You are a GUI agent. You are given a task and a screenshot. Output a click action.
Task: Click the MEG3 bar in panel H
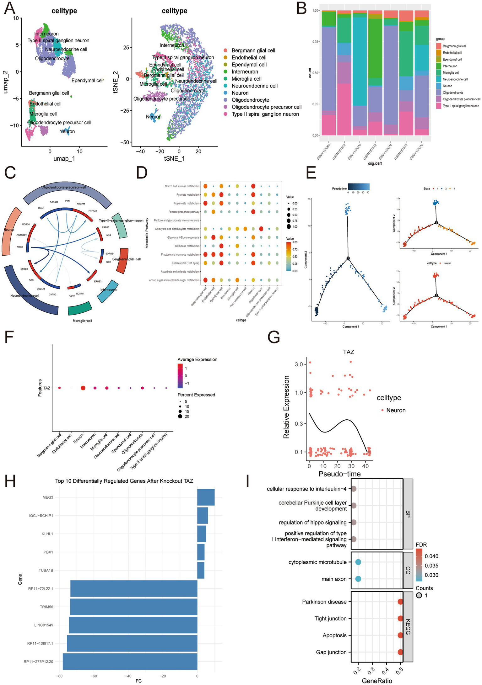206,497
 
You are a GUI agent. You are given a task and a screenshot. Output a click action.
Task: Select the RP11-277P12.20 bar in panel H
130,661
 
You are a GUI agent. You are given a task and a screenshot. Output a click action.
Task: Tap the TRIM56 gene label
46,607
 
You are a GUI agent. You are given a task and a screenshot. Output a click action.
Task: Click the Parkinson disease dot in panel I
400,602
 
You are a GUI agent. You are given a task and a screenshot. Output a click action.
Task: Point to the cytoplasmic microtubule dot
358,562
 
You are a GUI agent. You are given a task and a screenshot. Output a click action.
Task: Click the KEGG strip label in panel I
408,627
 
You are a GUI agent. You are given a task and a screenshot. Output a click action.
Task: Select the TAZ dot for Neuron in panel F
83,388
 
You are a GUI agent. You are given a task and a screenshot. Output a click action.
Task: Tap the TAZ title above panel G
349,352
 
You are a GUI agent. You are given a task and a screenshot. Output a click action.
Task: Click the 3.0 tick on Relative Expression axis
299,364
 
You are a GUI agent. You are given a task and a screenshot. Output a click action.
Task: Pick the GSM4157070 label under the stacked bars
355,152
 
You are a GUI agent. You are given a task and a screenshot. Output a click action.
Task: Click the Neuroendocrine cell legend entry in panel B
455,79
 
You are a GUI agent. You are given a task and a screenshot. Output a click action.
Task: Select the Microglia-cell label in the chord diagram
82,321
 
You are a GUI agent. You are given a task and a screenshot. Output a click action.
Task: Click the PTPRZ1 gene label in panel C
93,211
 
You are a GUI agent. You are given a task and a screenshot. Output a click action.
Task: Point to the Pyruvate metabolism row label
188,195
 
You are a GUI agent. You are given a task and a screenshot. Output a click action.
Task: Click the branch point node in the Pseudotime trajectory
348,258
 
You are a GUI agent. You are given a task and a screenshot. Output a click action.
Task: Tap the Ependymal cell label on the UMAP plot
87,81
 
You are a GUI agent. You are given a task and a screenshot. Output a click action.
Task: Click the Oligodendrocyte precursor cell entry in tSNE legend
266,107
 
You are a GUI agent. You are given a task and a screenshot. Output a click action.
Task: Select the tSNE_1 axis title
174,159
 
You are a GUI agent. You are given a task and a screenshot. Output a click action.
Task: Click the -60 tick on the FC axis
94,676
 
